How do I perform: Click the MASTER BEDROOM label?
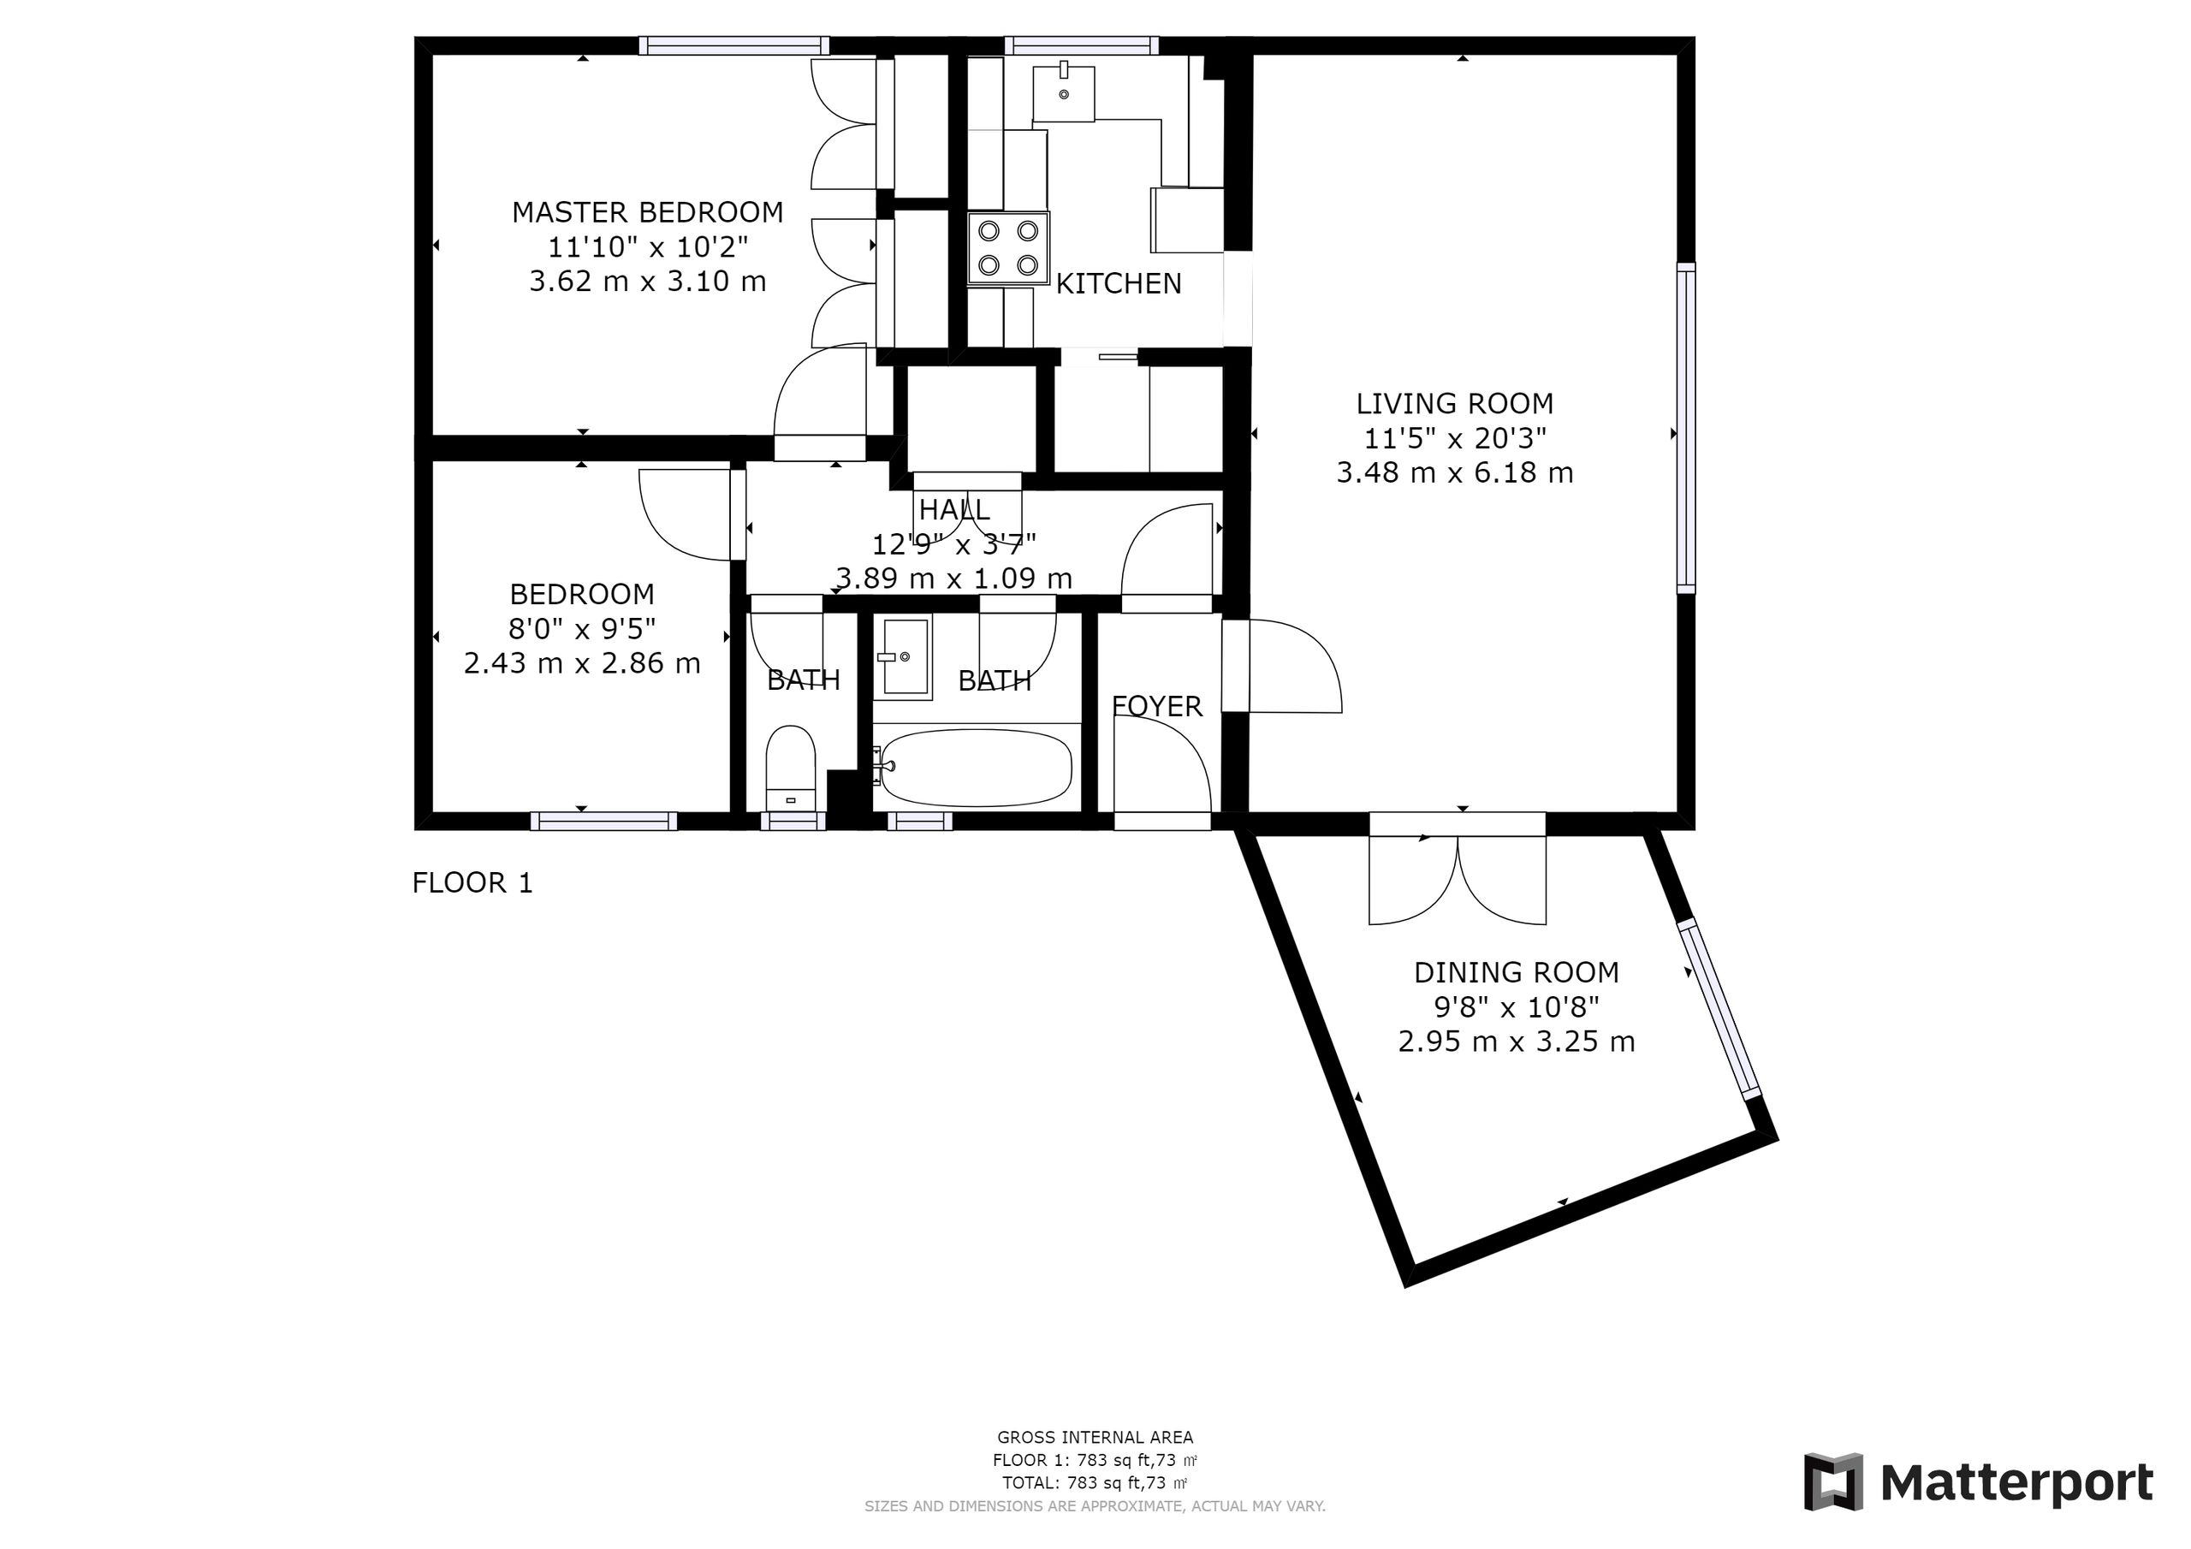pyautogui.click(x=647, y=212)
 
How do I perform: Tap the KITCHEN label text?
pyautogui.click(x=1119, y=283)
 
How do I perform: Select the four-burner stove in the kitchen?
pyautogui.click(x=1007, y=248)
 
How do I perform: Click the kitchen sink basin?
pyautogui.click(x=1064, y=93)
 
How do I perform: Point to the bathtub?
pyautogui.click(x=977, y=768)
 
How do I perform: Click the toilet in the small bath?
pyautogui.click(x=791, y=769)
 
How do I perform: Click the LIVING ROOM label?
pyautogui.click(x=1454, y=404)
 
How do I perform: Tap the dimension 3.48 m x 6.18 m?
pyautogui.click(x=1454, y=473)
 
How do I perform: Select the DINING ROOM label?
pyautogui.click(x=1517, y=972)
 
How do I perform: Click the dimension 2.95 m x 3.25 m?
pyautogui.click(x=1517, y=1042)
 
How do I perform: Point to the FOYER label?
pyautogui.click(x=1156, y=706)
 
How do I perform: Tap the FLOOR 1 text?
pyautogui.click(x=472, y=883)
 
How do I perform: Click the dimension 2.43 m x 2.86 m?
pyautogui.click(x=582, y=663)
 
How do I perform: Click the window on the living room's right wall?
pyautogui.click(x=1686, y=429)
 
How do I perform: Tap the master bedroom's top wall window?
pyautogui.click(x=733, y=45)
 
